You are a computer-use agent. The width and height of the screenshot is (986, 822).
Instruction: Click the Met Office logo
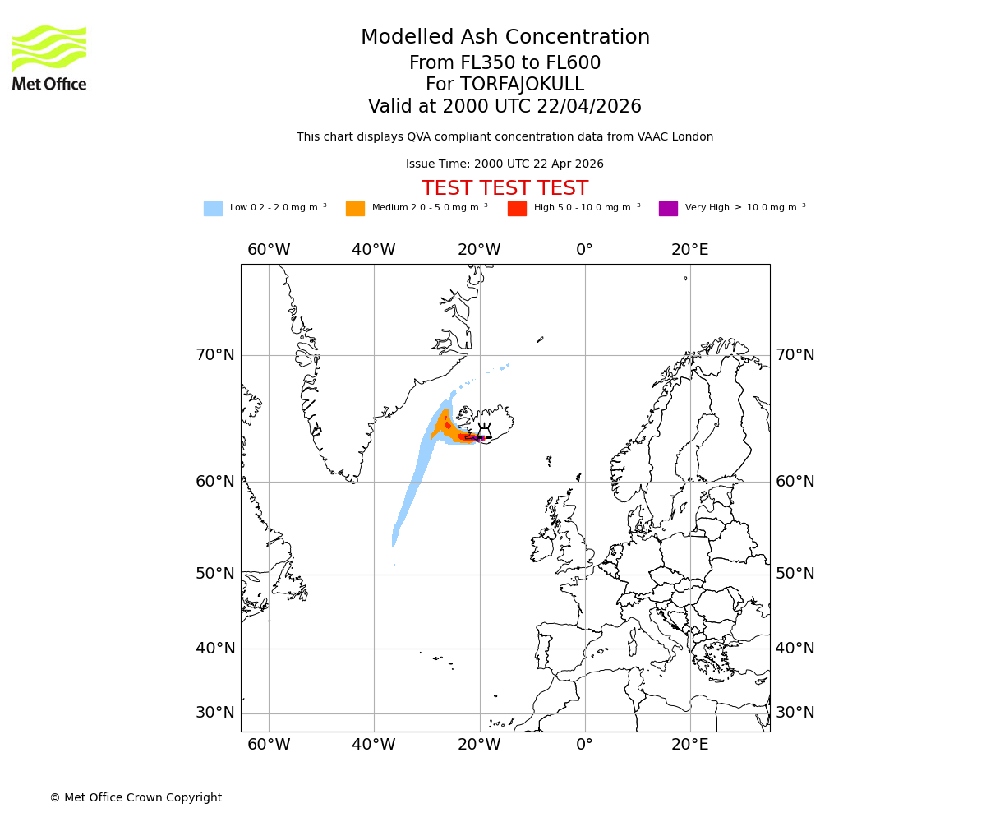[49, 58]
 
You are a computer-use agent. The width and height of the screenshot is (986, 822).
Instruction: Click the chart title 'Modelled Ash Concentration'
[505, 38]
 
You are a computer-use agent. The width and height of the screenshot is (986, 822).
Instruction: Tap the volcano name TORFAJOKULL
[505, 85]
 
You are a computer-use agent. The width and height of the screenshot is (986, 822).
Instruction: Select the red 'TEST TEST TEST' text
[505, 188]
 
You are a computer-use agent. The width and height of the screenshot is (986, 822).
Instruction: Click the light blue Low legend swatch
[213, 209]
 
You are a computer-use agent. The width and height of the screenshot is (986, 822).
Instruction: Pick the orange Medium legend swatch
[355, 209]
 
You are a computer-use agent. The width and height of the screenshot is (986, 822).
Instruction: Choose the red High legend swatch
[517, 209]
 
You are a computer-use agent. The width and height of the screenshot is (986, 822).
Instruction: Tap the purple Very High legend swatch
[668, 209]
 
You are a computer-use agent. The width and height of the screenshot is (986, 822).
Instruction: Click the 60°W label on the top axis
[269, 250]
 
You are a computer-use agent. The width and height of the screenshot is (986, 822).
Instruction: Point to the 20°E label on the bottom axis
[689, 745]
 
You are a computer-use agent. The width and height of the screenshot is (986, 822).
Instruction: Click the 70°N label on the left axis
[214, 355]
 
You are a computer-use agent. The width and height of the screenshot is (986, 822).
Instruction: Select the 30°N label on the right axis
[795, 713]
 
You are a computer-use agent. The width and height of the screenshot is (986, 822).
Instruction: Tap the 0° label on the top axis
[584, 250]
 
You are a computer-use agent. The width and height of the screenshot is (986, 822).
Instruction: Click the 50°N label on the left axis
[214, 574]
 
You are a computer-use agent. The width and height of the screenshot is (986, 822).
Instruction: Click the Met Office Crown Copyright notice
[136, 797]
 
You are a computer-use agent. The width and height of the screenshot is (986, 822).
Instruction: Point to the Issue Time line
[505, 164]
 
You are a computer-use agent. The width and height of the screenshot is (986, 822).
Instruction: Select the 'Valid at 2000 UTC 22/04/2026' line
[505, 107]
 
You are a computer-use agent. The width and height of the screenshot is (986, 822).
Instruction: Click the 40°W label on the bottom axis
[374, 745]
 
